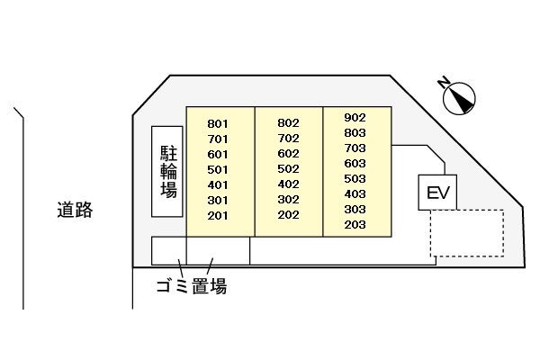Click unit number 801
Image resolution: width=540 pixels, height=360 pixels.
coord(218,123)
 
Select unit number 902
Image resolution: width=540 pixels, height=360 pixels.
coord(355,118)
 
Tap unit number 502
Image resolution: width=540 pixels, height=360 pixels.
coord(288,169)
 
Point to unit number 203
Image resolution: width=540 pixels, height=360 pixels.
coord(355,225)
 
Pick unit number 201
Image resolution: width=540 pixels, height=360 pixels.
coord(218,216)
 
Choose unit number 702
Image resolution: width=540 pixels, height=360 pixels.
coord(288,138)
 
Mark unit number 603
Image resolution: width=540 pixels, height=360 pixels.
coord(355,163)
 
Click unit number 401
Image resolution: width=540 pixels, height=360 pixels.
coord(218,185)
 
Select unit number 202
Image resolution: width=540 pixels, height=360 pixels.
coord(288,215)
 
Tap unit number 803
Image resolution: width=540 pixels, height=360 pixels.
coord(355,133)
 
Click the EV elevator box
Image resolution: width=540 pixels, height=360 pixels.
coord(437,193)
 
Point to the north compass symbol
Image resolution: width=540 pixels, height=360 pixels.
coord(459,98)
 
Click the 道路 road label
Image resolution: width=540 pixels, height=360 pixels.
coord(75,210)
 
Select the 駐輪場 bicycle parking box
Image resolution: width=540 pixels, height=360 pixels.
coord(167,172)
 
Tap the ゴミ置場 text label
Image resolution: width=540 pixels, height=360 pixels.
coord(192,286)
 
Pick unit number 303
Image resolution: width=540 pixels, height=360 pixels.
coord(355,210)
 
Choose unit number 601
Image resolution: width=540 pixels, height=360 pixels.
coord(218,154)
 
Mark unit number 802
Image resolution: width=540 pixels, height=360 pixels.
coord(288,123)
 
